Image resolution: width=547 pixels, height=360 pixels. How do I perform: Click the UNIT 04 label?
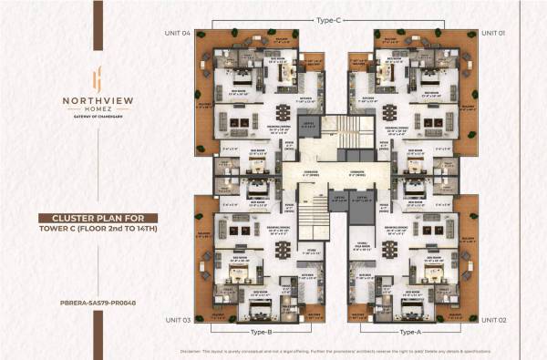click(x=179, y=33)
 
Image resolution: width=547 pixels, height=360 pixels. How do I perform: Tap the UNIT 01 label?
click(x=492, y=33)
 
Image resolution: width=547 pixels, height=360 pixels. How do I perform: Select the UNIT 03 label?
click(x=179, y=320)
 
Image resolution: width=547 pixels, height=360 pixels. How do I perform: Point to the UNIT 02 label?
click(x=492, y=320)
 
